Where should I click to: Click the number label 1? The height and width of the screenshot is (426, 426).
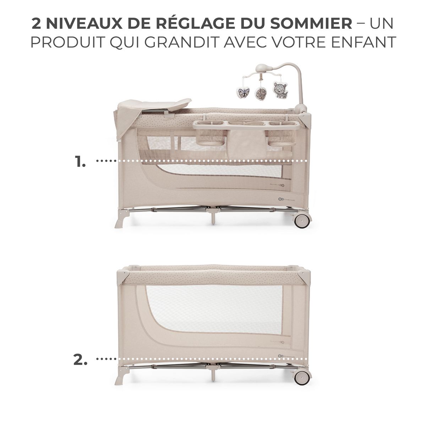click(x=80, y=162)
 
